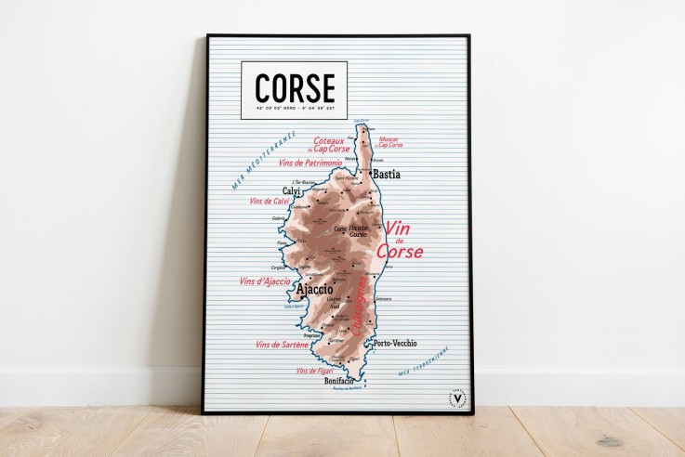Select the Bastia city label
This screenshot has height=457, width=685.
point(386,174)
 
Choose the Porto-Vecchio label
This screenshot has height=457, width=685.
point(394,343)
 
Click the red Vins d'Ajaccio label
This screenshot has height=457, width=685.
point(265,281)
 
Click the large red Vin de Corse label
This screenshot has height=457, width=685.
point(399,240)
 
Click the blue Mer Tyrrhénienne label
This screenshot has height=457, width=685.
point(424,362)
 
